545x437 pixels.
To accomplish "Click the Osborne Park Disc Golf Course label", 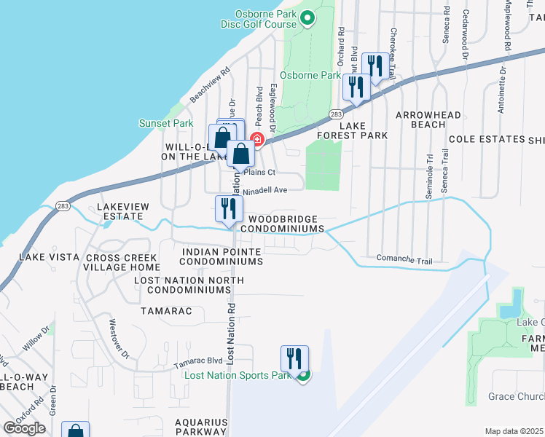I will (x=259, y=18).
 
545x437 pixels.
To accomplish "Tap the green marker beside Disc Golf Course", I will (x=307, y=18).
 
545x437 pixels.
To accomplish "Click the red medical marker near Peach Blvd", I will (x=256, y=138).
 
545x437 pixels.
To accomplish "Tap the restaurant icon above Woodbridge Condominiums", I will (x=229, y=209).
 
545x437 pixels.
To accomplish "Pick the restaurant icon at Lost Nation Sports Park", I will (x=294, y=359).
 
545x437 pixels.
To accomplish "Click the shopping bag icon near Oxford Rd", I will (x=76, y=432).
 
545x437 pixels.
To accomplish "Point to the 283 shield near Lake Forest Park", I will (x=335, y=114).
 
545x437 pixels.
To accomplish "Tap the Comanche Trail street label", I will (x=404, y=259).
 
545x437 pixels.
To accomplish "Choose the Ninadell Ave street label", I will (x=266, y=190).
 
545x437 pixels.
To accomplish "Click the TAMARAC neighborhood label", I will (x=168, y=311).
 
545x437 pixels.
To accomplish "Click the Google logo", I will (x=24, y=428).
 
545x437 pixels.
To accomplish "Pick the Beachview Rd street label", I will (x=210, y=84).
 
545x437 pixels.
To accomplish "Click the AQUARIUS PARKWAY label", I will (x=200, y=428).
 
